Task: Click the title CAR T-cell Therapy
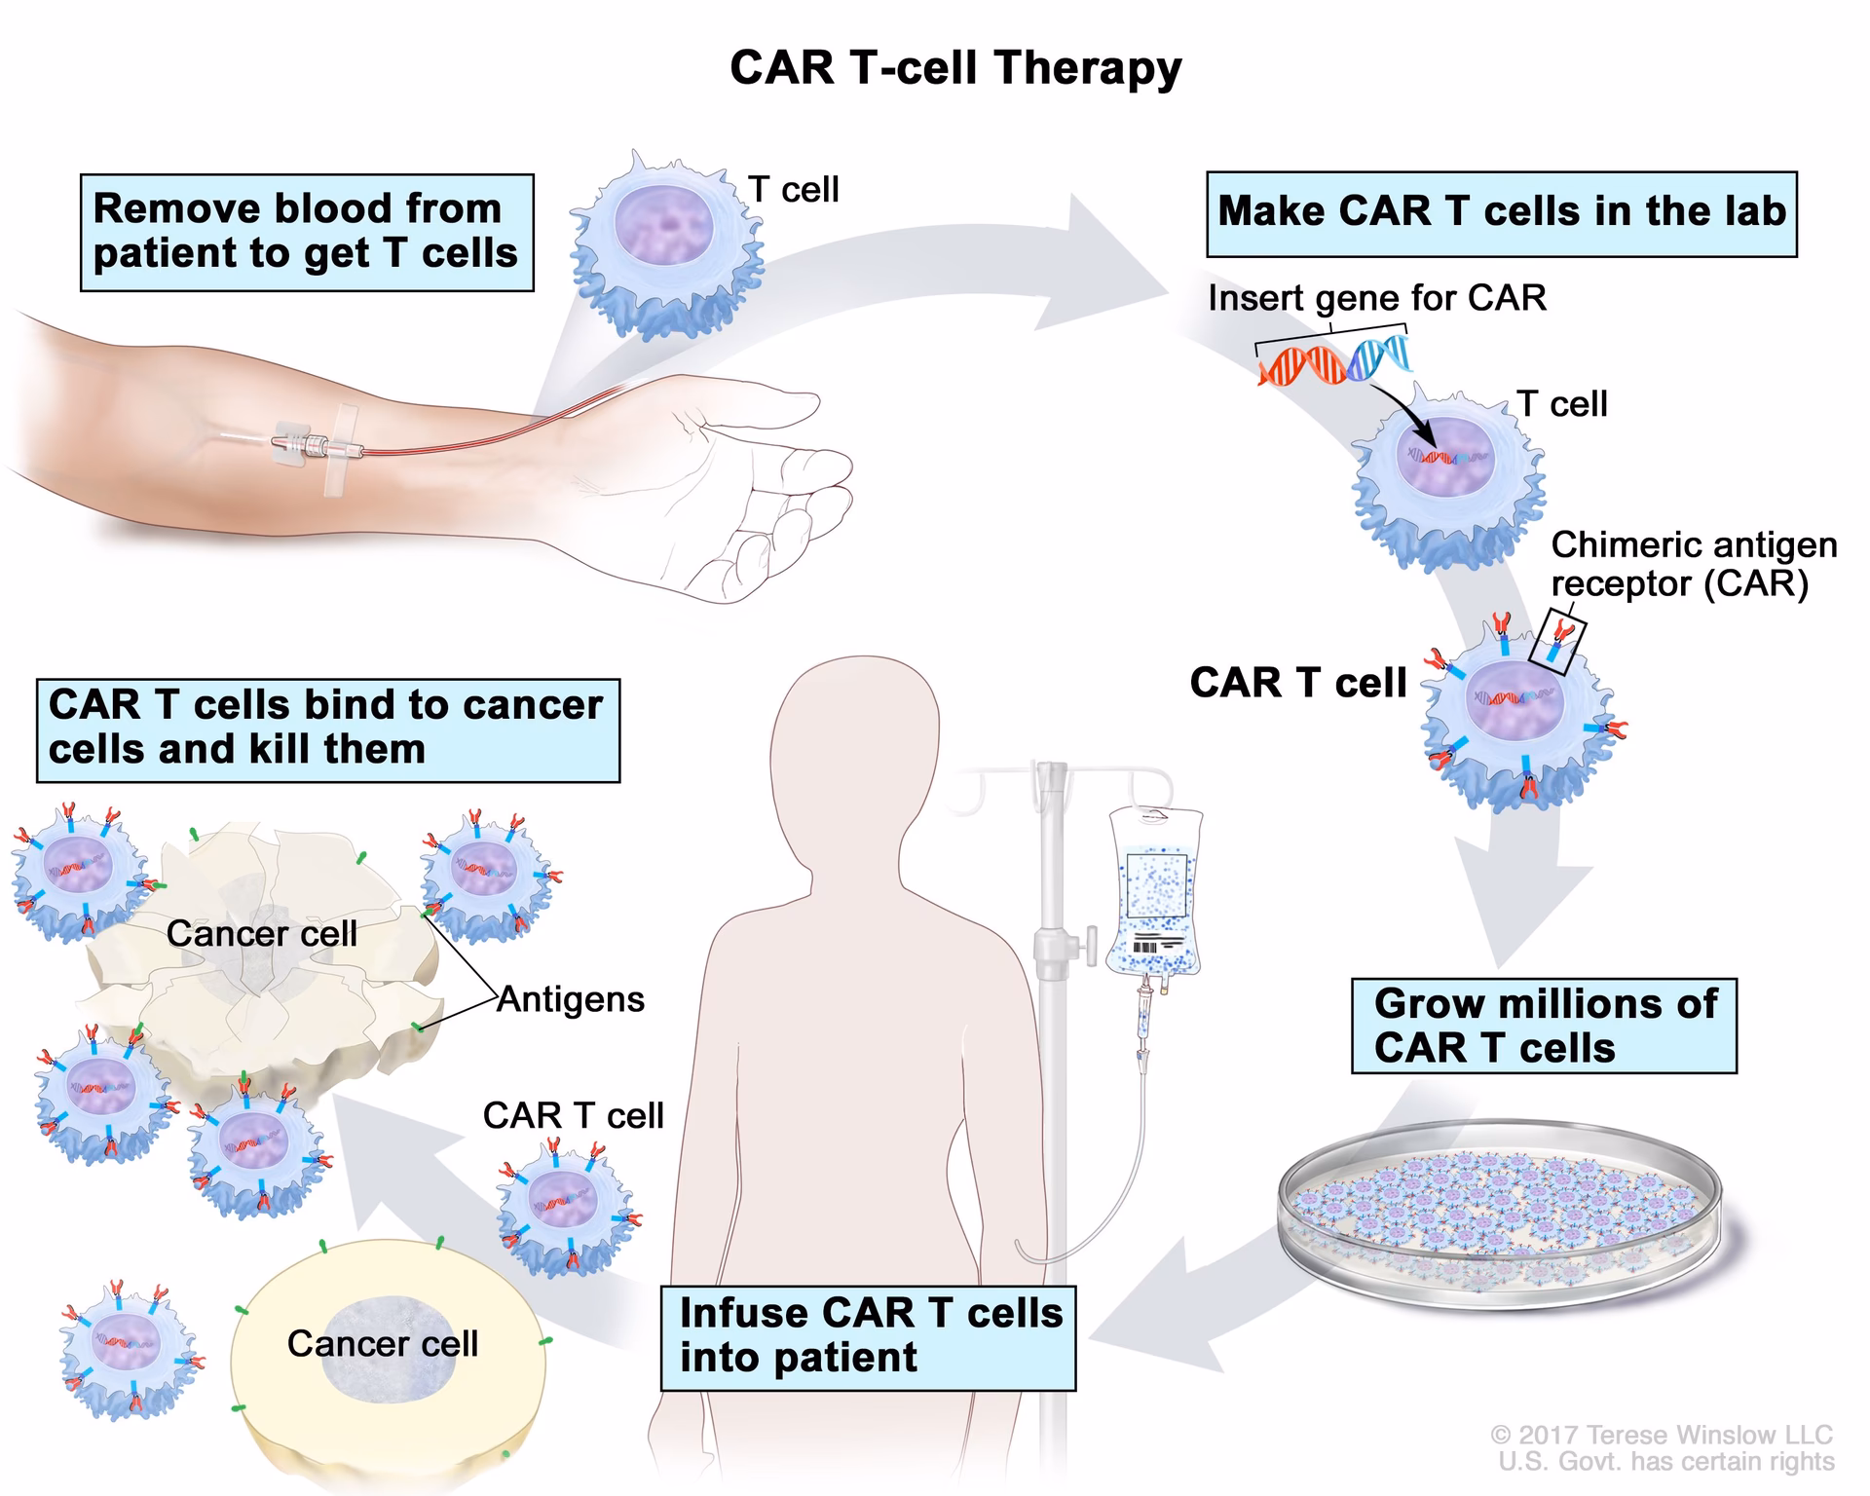tap(954, 69)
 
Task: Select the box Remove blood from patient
tap(306, 232)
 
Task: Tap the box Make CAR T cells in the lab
tap(1501, 213)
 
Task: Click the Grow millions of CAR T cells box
tap(1543, 1026)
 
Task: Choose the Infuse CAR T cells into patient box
tap(868, 1336)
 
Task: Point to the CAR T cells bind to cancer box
tap(327, 729)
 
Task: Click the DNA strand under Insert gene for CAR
tap(1334, 360)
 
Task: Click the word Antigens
tap(571, 999)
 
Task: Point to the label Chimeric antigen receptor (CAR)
tap(1693, 564)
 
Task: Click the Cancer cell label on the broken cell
tap(261, 933)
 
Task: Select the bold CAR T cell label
tap(1297, 683)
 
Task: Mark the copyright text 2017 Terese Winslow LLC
tap(1661, 1435)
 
